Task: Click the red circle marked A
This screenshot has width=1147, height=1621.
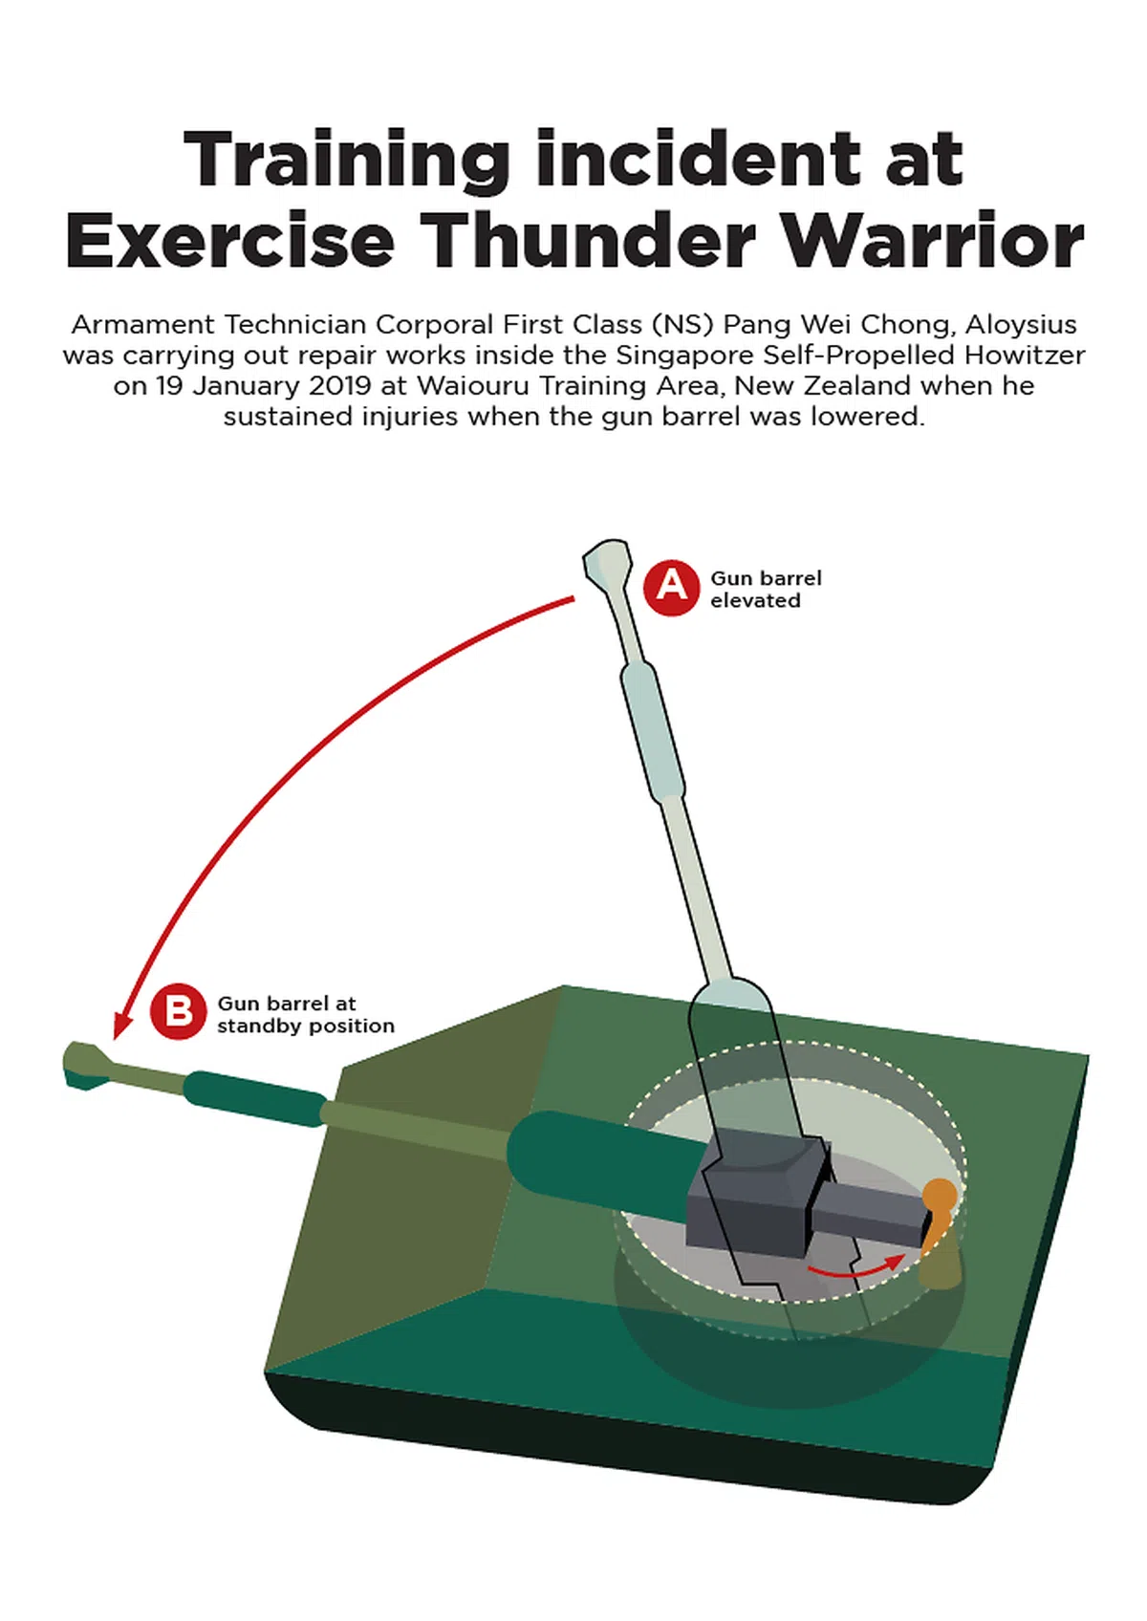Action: point(671,587)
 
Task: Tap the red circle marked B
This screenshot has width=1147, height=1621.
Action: point(178,1011)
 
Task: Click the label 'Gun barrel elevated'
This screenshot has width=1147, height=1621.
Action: point(766,589)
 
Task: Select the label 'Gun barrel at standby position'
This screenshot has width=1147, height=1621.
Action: point(305,1015)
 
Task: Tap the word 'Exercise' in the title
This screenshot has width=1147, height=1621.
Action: point(230,240)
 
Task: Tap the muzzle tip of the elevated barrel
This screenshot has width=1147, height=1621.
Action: point(606,553)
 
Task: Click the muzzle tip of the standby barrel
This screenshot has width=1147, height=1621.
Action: point(76,1065)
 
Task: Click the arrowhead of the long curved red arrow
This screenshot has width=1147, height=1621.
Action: point(121,1027)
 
